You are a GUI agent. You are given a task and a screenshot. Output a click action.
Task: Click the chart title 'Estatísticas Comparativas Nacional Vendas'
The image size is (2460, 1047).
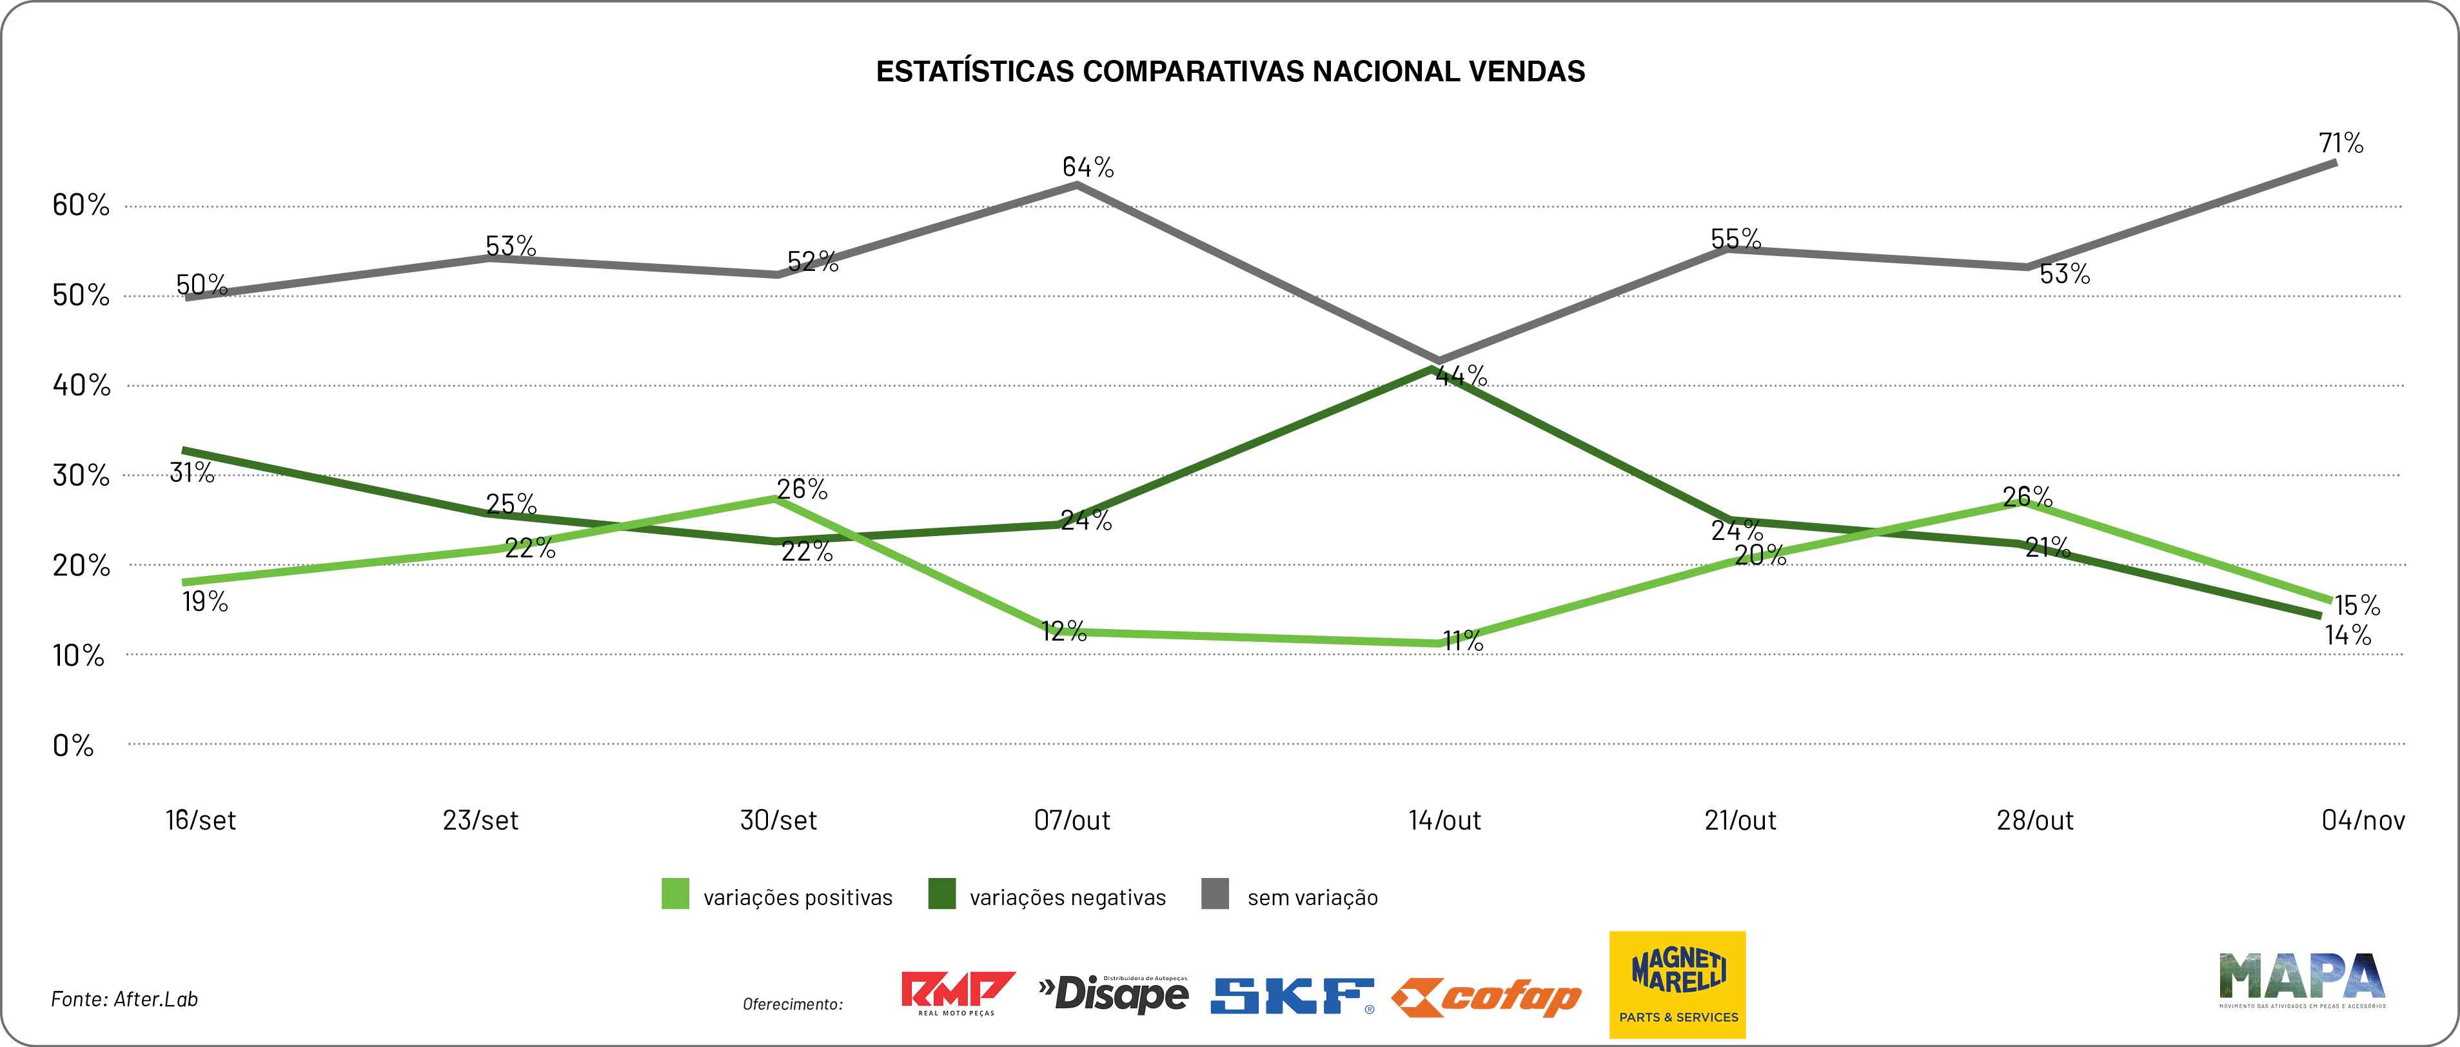[x=1230, y=72]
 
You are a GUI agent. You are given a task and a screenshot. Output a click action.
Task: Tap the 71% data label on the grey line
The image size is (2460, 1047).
[x=2341, y=143]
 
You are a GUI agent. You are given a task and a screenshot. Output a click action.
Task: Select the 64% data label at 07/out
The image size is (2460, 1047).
[x=1088, y=167]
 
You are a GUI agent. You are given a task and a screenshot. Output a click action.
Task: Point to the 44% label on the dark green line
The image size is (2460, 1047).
[x=1461, y=376]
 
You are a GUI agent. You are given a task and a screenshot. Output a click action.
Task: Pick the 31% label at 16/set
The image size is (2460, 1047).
[x=192, y=472]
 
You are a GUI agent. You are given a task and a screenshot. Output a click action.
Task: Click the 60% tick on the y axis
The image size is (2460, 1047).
[x=81, y=204]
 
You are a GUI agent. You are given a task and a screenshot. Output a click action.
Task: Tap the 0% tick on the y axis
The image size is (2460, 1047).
[x=74, y=745]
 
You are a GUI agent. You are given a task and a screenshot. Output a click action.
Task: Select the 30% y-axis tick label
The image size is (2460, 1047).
[x=81, y=475]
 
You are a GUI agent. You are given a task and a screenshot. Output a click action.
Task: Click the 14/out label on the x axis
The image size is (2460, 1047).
[x=1444, y=820]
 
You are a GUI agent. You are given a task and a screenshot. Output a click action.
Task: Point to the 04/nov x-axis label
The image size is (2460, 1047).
[x=2363, y=820]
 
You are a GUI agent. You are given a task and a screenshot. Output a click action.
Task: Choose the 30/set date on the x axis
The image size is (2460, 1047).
[x=778, y=820]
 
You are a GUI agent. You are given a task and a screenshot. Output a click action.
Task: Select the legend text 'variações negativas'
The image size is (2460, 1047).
[x=1068, y=898]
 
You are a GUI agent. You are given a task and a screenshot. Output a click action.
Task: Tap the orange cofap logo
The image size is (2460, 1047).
[x=1486, y=998]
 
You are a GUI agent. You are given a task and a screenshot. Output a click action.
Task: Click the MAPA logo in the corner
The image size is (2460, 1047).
[x=2301, y=979]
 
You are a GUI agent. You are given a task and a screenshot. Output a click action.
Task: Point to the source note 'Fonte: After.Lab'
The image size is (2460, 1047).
[x=124, y=999]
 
